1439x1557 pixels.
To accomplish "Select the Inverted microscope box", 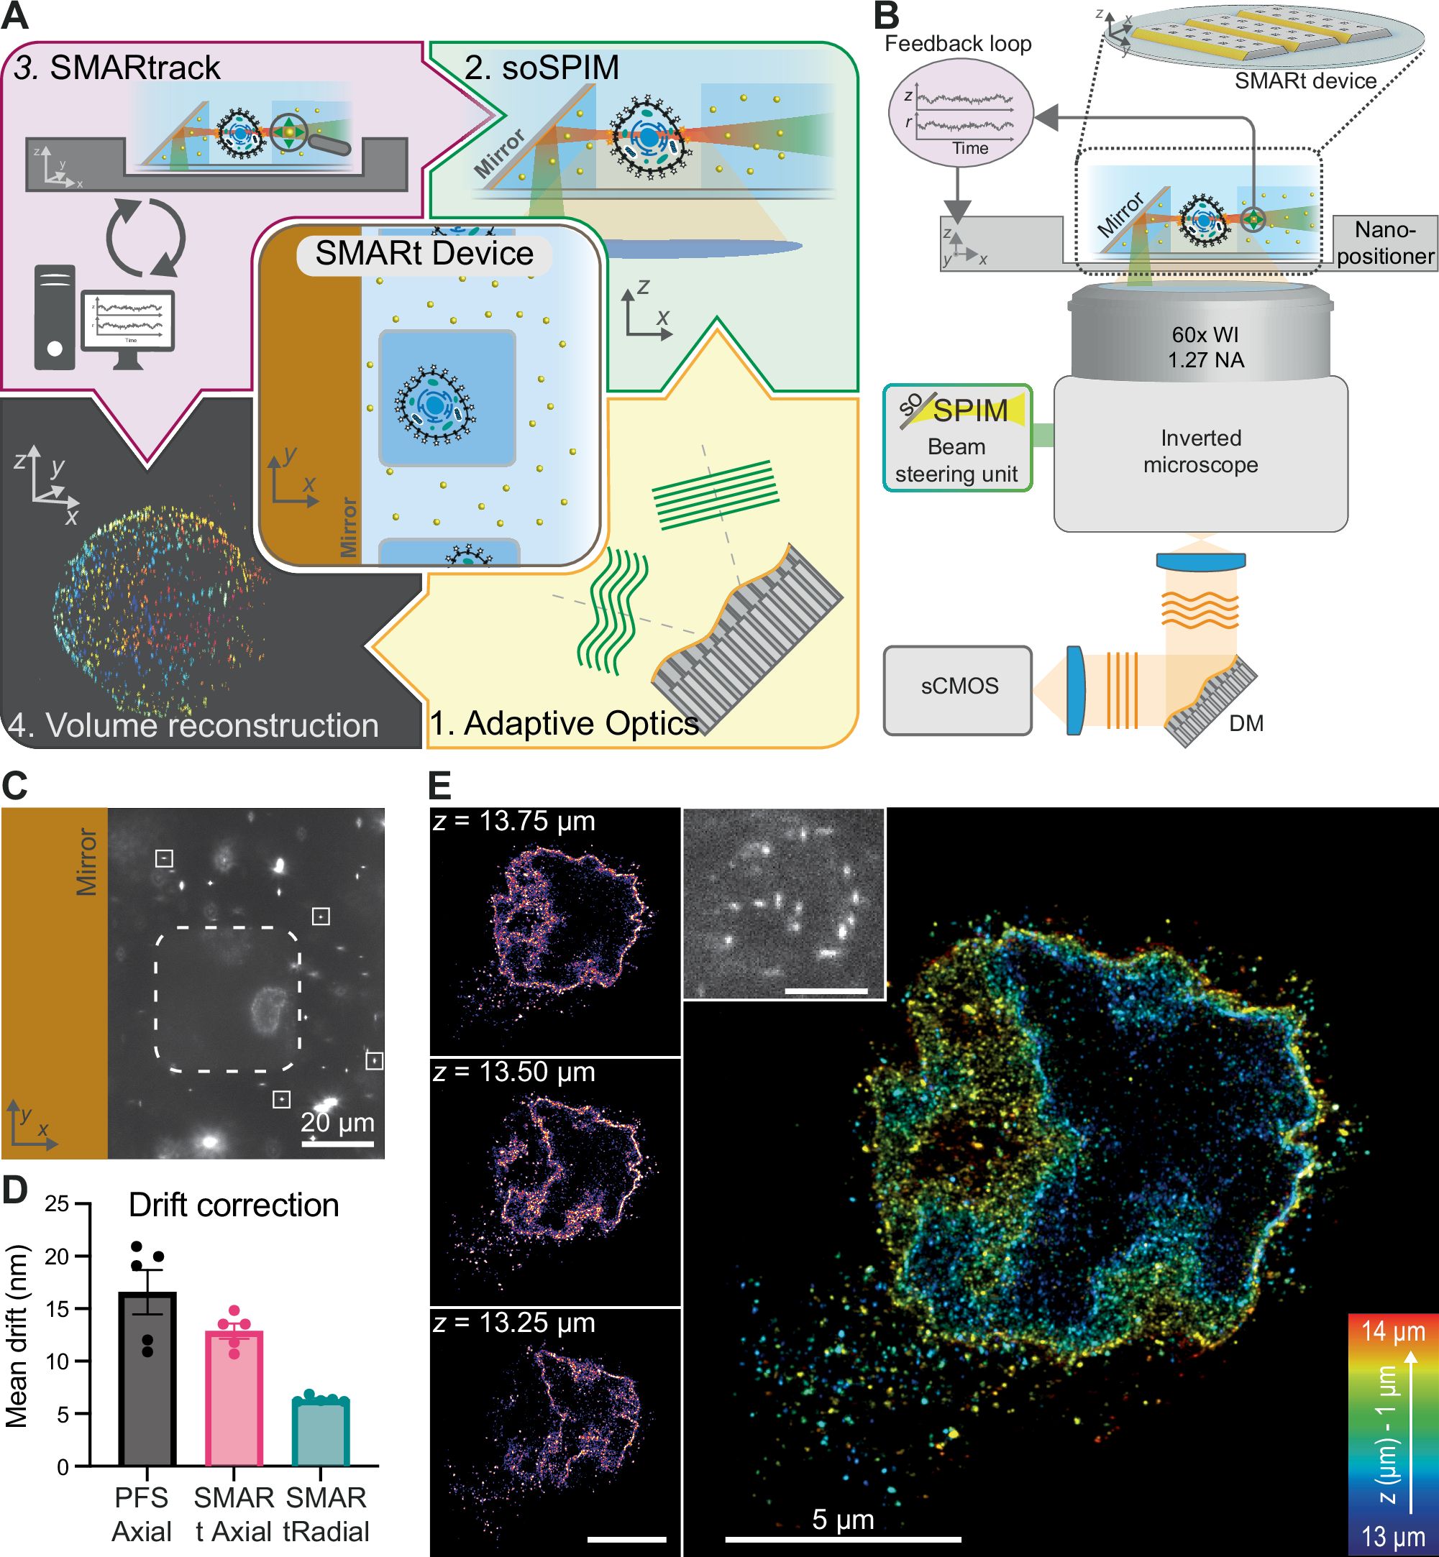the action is click(1200, 452).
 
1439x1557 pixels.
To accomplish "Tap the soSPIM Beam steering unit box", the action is click(957, 438).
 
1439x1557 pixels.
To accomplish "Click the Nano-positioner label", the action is click(1384, 243).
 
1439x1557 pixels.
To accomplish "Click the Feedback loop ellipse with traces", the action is click(961, 114).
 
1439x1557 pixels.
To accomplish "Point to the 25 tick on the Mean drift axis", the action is click(57, 1204).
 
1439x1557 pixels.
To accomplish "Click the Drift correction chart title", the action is click(234, 1205).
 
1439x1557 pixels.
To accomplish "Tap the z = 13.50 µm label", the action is click(514, 1072).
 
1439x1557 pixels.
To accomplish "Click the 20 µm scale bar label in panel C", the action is click(337, 1122).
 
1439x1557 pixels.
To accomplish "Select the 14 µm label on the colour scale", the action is click(1393, 1331).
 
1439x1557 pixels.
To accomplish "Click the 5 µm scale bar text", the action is click(843, 1519).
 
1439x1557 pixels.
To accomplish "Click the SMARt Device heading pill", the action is click(424, 254).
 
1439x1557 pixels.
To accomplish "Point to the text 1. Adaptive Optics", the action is click(565, 723).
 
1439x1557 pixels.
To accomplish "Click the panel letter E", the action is click(440, 786).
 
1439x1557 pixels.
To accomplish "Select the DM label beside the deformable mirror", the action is click(1246, 723).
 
